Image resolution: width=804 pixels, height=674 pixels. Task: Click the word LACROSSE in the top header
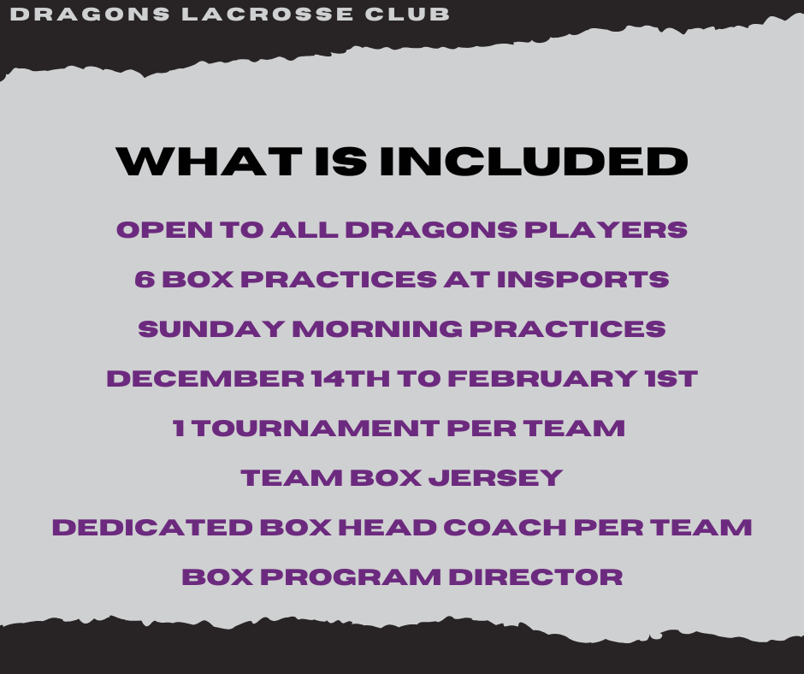pyautogui.click(x=267, y=14)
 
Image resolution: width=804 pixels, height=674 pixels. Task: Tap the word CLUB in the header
pyautogui.click(x=407, y=14)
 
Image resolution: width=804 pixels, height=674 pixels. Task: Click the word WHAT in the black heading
pyautogui.click(x=210, y=162)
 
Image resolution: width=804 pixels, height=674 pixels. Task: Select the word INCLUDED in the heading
pyautogui.click(x=533, y=162)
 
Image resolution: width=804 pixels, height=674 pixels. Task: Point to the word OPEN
pyautogui.click(x=164, y=230)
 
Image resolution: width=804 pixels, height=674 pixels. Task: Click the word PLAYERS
pyautogui.click(x=606, y=230)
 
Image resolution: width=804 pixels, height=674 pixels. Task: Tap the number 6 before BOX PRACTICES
pyautogui.click(x=145, y=280)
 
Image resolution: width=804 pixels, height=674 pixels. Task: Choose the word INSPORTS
pyautogui.click(x=583, y=280)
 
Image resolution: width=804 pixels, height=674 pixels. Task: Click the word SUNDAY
pyautogui.click(x=211, y=328)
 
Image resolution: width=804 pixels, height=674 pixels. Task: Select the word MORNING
pyautogui.click(x=377, y=328)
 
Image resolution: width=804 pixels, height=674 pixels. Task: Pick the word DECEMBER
pyautogui.click(x=205, y=379)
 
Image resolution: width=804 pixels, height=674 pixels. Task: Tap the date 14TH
pyautogui.click(x=350, y=379)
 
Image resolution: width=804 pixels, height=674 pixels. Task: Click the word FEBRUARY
pyautogui.click(x=542, y=379)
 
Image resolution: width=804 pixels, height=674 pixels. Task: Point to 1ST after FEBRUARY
pyautogui.click(x=671, y=379)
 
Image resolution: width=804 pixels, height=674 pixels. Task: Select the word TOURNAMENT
pyautogui.click(x=316, y=429)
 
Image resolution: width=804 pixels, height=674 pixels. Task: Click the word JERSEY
pyautogui.click(x=496, y=478)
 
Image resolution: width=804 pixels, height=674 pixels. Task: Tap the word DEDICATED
pyautogui.click(x=152, y=527)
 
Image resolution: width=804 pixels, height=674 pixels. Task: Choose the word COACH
pyautogui.click(x=505, y=527)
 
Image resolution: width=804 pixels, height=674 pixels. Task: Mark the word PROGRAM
pyautogui.click(x=351, y=577)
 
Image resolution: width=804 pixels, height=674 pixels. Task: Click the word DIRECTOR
pyautogui.click(x=535, y=577)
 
